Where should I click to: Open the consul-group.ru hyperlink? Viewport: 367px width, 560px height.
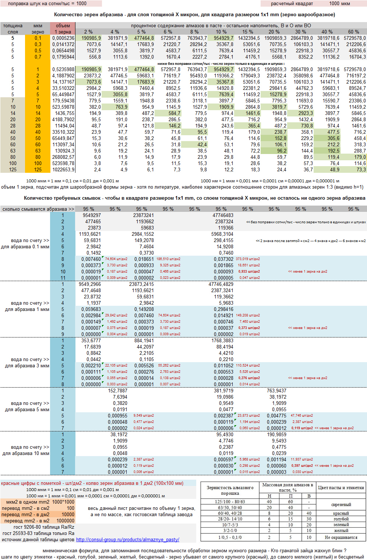tap(127, 539)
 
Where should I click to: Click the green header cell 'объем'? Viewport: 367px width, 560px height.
tap(63, 26)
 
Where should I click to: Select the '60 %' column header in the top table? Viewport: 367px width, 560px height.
tap(353, 32)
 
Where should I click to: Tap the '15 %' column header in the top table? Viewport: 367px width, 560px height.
tap(247, 32)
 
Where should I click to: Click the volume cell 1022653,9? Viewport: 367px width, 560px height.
tap(63, 169)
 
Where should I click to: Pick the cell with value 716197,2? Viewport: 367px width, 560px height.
tap(353, 76)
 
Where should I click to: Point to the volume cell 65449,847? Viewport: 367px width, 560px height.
tap(63, 138)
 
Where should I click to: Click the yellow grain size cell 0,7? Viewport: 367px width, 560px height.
tap(38, 57)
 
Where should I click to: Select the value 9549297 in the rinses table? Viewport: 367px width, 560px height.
tap(92, 215)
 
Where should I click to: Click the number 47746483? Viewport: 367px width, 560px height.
tap(223, 215)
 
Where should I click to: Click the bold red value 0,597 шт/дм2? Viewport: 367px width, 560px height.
tap(302, 466)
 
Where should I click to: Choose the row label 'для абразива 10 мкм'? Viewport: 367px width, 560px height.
tap(26, 454)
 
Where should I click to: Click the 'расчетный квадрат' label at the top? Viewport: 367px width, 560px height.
tap(292, 4)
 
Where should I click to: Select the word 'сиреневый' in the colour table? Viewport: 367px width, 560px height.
tap(341, 504)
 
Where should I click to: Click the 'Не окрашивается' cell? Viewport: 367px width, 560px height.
tap(341, 537)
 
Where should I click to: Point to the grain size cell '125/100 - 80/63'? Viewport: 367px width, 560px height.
tap(230, 501)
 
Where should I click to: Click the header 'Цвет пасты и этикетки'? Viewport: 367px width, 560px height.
tap(341, 487)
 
